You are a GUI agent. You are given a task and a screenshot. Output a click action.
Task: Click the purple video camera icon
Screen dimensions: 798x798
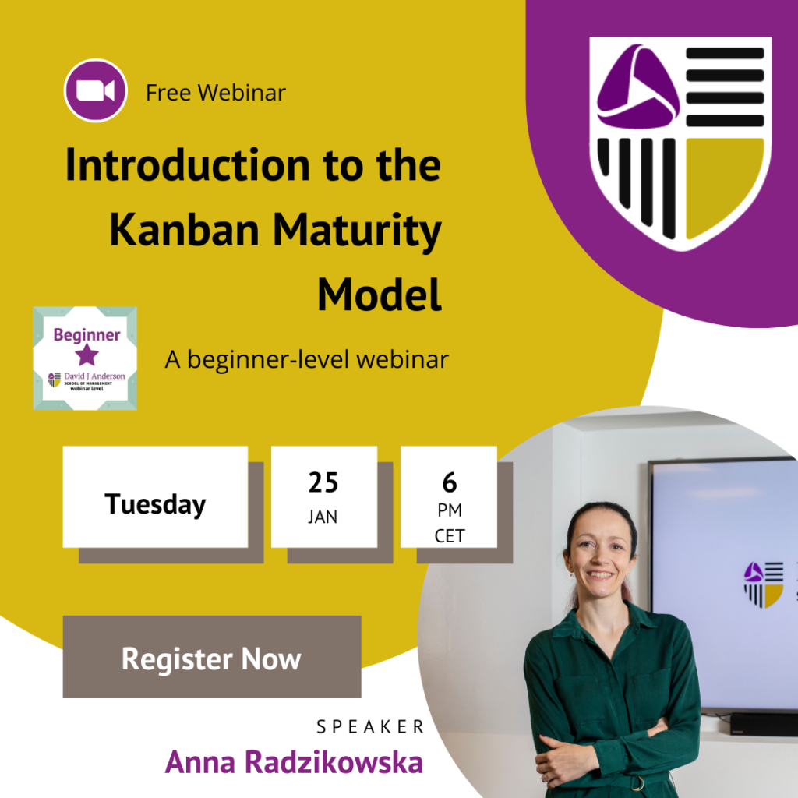(x=96, y=90)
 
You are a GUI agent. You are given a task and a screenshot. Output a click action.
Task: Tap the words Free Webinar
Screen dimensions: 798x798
(x=216, y=93)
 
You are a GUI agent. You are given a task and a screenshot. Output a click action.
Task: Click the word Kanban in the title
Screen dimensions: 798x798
(x=184, y=230)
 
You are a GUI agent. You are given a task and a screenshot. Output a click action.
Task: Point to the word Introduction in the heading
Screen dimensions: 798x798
(x=188, y=165)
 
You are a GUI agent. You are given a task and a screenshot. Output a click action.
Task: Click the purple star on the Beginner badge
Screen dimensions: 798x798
(x=87, y=355)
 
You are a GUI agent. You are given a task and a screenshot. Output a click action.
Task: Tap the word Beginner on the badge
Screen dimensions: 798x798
(x=87, y=335)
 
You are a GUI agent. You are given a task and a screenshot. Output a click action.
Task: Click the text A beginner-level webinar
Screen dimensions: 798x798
(x=307, y=360)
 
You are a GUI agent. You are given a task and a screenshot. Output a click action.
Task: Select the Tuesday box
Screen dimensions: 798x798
(x=155, y=496)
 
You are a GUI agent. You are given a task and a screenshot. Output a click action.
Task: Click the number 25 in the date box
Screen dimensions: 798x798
(x=323, y=482)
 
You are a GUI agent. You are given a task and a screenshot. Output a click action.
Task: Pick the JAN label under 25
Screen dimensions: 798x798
(x=323, y=517)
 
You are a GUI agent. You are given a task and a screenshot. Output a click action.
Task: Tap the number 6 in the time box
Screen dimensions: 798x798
(x=450, y=482)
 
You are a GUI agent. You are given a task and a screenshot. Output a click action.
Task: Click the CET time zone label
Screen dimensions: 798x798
(x=450, y=536)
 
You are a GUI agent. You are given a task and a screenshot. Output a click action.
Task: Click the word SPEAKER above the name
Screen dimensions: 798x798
(x=370, y=727)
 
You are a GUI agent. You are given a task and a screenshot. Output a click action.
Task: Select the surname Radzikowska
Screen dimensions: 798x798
(x=334, y=762)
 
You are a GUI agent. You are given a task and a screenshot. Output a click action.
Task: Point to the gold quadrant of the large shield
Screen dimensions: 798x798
(x=725, y=184)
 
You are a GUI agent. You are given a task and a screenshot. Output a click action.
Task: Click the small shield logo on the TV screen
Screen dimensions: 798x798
(x=764, y=584)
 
